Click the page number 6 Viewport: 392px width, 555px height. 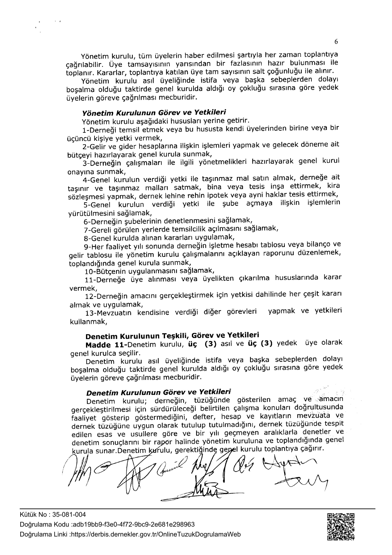[336, 41]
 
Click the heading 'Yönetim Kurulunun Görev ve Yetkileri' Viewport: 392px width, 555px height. [154, 113]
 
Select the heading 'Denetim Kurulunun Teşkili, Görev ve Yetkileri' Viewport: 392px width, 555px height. [172, 336]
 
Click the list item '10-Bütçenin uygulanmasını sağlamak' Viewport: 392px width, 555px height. [150, 271]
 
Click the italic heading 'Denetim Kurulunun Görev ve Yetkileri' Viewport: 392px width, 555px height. [158, 392]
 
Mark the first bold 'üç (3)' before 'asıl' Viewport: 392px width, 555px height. [202, 344]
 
